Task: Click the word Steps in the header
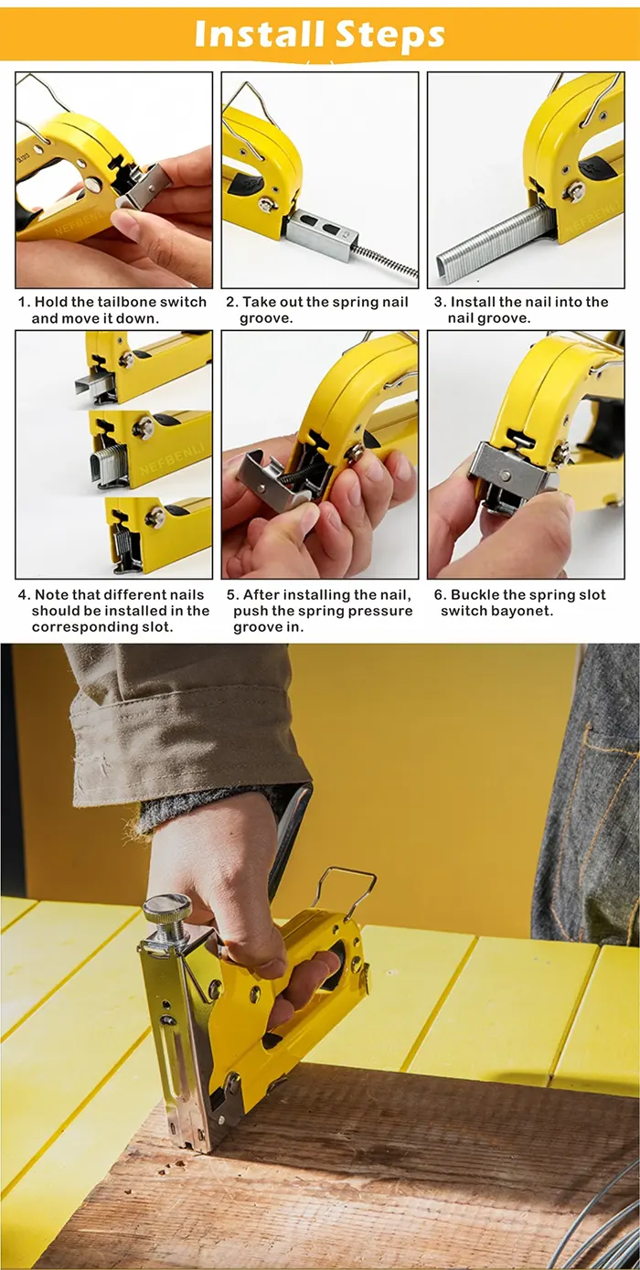tap(390, 36)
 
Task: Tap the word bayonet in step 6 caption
tap(525, 611)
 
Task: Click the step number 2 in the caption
tap(231, 302)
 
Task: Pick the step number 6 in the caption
tap(440, 594)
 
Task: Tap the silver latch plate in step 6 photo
tap(509, 471)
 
